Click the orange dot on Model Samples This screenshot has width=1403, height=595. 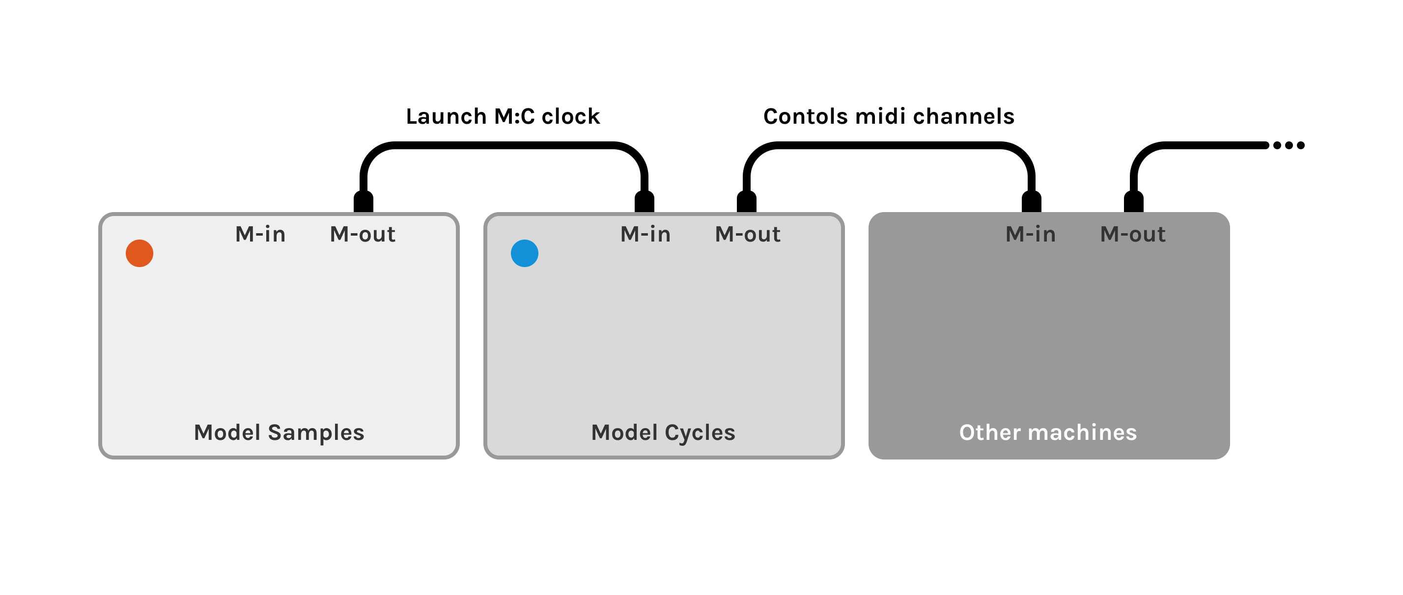click(140, 253)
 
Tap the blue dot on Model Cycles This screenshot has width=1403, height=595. click(525, 253)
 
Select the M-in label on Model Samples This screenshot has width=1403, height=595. click(260, 234)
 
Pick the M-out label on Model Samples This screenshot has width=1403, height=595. click(363, 234)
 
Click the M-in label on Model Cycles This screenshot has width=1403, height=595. click(645, 234)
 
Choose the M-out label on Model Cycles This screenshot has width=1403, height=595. click(748, 234)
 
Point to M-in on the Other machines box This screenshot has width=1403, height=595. click(1031, 234)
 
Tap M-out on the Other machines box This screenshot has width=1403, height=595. click(1133, 234)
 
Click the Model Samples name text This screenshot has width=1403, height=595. click(279, 432)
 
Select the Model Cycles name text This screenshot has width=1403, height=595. click(663, 432)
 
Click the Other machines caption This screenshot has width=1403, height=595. click(1048, 432)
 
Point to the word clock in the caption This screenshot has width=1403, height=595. click(570, 116)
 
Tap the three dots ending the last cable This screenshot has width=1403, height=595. click(1289, 145)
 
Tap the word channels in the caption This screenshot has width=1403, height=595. click(963, 116)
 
